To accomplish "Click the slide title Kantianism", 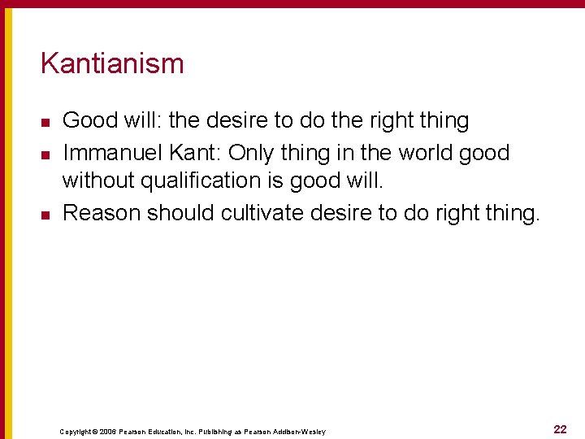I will click(112, 63).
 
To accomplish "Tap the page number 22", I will click(560, 429).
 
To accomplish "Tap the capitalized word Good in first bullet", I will click(90, 121).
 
